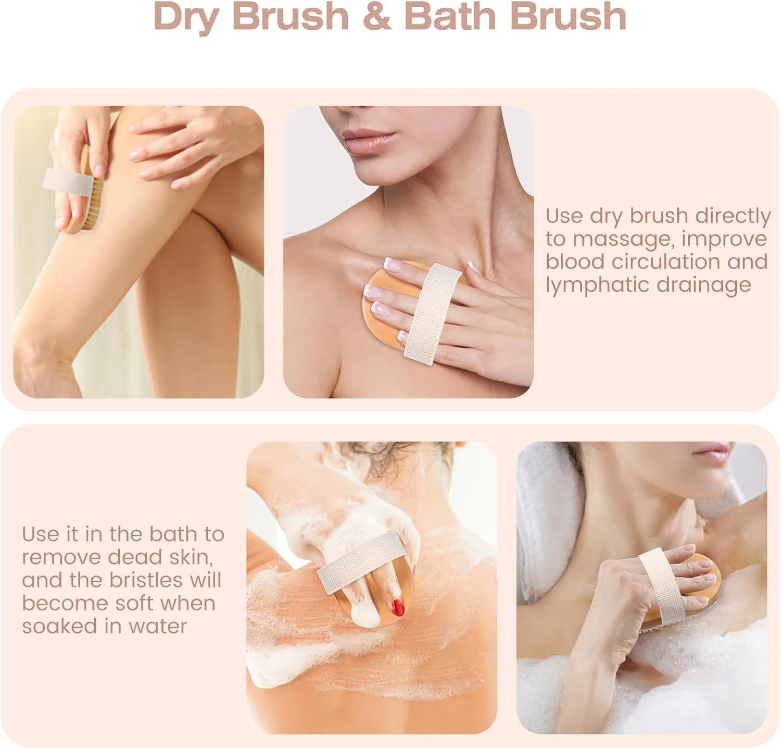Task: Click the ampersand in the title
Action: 376,16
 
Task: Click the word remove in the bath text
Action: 61,557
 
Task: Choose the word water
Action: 157,627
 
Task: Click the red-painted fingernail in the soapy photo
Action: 398,607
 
